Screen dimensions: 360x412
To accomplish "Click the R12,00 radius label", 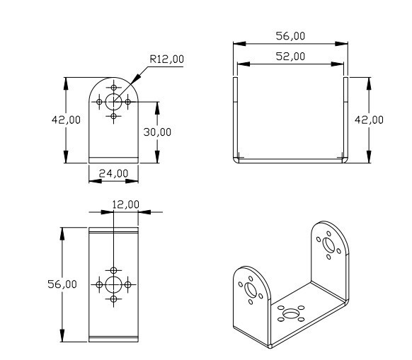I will [166, 61].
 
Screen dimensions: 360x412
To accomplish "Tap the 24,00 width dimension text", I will [113, 173].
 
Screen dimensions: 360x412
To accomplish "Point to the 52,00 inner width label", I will [290, 56].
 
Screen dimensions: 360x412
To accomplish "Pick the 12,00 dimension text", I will [126, 204].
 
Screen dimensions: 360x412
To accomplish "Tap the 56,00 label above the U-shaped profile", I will [290, 35].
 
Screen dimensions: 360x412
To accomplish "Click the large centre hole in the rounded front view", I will [113, 101].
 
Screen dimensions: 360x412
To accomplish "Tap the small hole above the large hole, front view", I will [113, 87].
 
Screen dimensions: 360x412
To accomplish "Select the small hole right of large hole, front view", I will [128, 101].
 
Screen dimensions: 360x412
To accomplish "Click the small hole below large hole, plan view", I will [113, 300].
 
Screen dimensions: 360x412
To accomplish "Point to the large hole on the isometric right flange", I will [328, 244].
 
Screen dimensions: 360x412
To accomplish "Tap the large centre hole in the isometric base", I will [291, 312].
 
